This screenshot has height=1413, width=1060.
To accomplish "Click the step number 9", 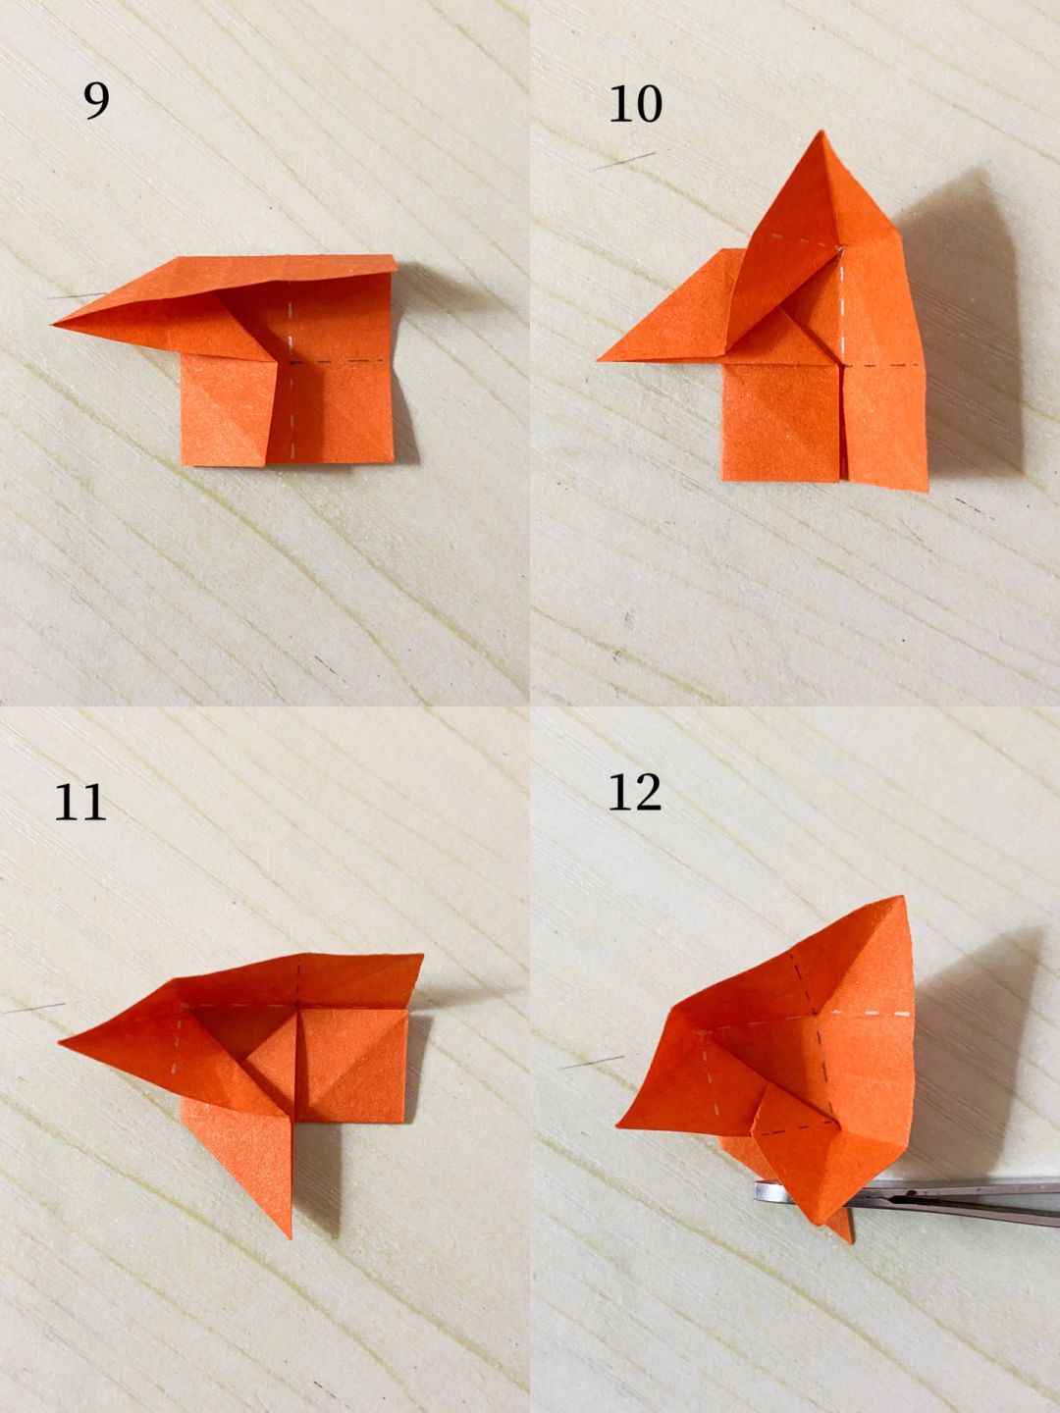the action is [x=96, y=102].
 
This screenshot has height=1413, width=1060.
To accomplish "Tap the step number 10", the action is [x=635, y=104].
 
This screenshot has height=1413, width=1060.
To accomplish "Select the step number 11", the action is [x=79, y=802].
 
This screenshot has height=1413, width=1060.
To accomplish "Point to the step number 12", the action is [x=635, y=793].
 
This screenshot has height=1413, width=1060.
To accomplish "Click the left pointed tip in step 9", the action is [x=53, y=325].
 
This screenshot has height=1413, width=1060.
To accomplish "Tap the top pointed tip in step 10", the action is [x=820, y=131].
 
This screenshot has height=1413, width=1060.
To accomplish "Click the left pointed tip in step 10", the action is [x=598, y=360].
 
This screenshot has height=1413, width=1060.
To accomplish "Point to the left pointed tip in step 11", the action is [x=59, y=1041].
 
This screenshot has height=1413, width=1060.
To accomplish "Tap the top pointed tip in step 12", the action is [x=904, y=897].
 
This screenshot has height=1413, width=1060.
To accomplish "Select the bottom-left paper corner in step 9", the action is [x=183, y=464].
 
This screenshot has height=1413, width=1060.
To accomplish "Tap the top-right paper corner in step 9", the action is [x=395, y=256].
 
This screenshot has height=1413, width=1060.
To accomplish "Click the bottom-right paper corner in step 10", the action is [x=927, y=492].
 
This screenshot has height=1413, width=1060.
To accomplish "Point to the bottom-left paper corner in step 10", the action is [x=722, y=480].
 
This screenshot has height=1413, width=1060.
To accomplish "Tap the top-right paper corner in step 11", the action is [x=423, y=955].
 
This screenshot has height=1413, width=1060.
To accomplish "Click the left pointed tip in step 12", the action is [x=618, y=1125].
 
